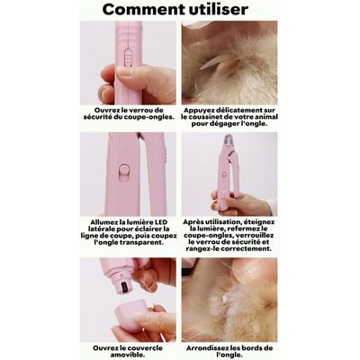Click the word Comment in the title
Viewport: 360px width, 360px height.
(143, 10)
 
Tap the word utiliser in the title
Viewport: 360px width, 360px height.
(218, 9)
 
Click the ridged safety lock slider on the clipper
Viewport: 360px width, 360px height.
(129, 57)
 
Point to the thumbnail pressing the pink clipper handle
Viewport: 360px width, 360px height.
(124, 72)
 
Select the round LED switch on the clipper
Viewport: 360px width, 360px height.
(123, 172)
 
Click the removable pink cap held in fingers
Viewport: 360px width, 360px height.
(131, 314)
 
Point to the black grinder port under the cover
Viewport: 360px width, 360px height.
(124, 288)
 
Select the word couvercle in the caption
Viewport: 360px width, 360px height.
(145, 348)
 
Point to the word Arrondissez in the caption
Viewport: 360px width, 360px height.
(206, 348)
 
